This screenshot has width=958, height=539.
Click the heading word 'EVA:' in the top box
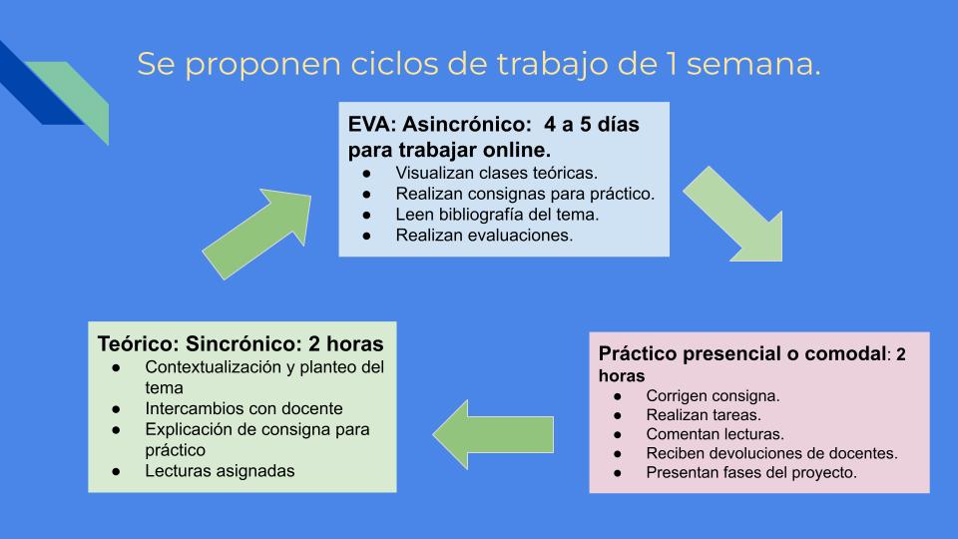click(x=372, y=124)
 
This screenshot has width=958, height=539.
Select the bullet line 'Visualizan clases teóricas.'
click(x=496, y=173)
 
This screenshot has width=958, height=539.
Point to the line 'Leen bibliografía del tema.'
click(x=497, y=215)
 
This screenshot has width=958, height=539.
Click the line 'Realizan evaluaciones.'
click(x=484, y=236)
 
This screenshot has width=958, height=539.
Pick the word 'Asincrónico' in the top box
click(x=462, y=124)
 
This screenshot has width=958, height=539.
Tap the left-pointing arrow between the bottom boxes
click(x=493, y=434)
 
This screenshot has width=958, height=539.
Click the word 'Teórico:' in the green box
click(x=138, y=343)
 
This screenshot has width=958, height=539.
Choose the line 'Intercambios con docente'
click(x=243, y=408)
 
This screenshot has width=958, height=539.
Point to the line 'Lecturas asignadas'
click(x=220, y=470)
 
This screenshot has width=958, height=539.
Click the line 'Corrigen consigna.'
click(x=713, y=396)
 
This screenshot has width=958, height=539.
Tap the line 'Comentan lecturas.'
click(x=715, y=434)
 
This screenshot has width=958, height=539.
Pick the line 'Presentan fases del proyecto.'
click(x=751, y=472)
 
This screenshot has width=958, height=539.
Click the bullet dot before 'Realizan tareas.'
click(x=618, y=415)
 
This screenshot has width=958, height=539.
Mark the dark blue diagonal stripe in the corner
click(x=36, y=86)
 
